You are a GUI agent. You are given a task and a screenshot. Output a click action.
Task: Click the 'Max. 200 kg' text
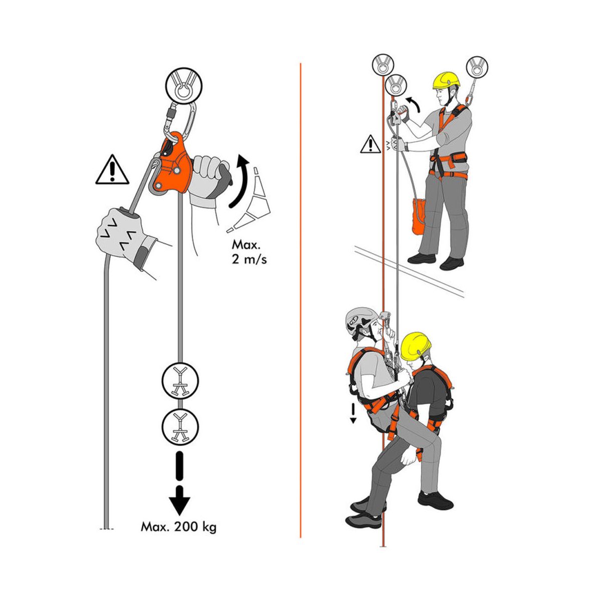pos(178,527)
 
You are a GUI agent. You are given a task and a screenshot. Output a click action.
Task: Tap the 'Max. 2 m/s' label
pos(249,252)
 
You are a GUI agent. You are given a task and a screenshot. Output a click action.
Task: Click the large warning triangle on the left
pos(112,170)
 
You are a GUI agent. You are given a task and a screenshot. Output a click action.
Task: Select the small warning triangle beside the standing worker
pos(371,144)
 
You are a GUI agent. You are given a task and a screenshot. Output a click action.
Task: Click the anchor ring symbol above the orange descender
pos(184,86)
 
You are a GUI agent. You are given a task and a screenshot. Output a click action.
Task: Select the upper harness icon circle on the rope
pos(180,381)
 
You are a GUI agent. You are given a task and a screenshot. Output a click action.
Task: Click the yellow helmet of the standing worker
pos(446,80)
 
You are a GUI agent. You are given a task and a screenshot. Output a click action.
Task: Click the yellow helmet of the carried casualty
pos(416,346)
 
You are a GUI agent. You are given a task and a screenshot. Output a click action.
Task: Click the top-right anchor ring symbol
pos(477,67)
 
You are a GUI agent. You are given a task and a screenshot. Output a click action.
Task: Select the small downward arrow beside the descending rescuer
pos(353,413)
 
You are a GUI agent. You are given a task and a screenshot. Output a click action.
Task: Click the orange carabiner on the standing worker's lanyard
pos(469,99)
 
